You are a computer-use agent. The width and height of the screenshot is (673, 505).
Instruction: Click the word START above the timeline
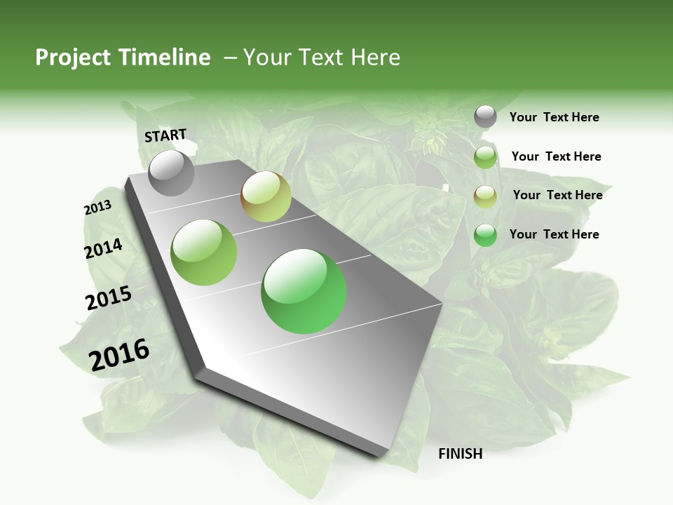[x=165, y=135]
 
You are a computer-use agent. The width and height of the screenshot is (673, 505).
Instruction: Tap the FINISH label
[x=460, y=454]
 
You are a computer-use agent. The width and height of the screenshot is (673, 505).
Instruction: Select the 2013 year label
[x=97, y=208]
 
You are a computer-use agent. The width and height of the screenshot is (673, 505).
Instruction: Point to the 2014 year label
[x=103, y=248]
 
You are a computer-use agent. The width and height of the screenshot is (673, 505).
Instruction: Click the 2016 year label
[x=119, y=354]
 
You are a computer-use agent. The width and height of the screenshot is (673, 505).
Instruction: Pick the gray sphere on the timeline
[x=171, y=173]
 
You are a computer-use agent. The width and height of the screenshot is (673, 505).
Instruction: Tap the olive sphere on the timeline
[x=266, y=196]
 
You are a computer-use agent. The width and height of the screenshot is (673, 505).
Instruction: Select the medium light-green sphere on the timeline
[x=204, y=252]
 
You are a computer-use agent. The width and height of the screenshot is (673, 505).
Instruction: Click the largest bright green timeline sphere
[x=304, y=291]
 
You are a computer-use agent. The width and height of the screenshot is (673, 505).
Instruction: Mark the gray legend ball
[x=485, y=117]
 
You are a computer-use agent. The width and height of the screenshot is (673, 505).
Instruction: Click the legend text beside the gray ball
[x=554, y=117]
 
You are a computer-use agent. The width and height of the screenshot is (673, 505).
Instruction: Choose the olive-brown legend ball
[x=485, y=196]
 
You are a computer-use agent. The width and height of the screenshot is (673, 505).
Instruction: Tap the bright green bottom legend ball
[x=485, y=235]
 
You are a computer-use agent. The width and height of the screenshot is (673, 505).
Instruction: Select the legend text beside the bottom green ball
[x=554, y=234]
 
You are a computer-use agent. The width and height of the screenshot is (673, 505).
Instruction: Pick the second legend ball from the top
[x=485, y=157]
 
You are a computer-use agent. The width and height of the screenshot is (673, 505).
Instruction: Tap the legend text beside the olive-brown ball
[x=557, y=195]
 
